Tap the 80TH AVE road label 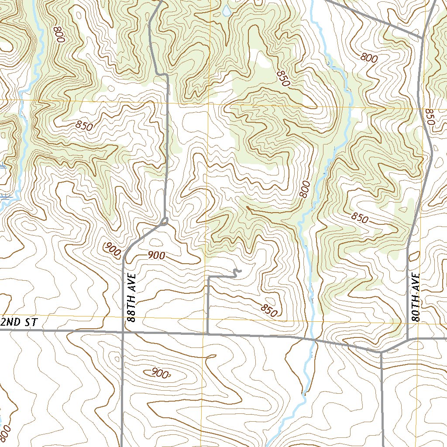[415, 298]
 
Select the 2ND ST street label [20, 323]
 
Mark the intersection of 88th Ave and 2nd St [123, 332]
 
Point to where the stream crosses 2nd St [313, 339]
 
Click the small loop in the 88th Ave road [165, 222]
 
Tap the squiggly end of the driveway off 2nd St [237, 273]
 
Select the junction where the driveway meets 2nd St [207, 334]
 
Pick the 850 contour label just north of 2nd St [269, 310]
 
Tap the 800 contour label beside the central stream [305, 189]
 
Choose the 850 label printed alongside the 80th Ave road [429, 117]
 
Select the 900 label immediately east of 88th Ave [156, 256]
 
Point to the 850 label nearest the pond [282, 77]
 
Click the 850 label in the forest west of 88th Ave [84, 126]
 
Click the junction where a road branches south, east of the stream [381, 352]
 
